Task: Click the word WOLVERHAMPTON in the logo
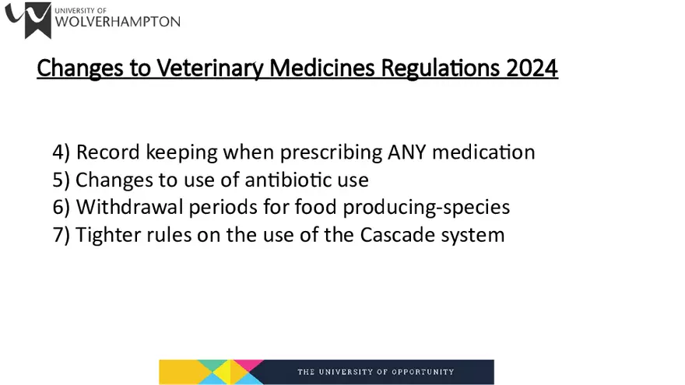click(118, 23)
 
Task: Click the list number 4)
click(61, 152)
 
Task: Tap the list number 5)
click(61, 180)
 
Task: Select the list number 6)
click(61, 207)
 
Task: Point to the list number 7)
click(61, 234)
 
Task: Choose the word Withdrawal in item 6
click(126, 207)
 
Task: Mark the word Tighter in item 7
click(104, 234)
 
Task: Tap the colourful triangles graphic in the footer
click(209, 372)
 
